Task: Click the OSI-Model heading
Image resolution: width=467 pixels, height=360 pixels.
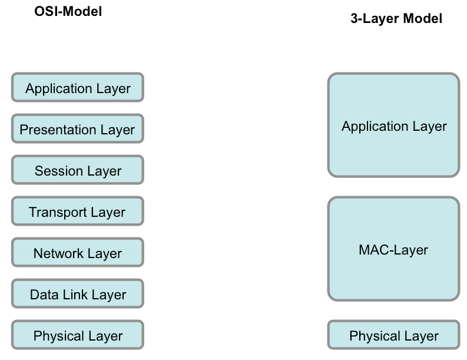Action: tap(68, 12)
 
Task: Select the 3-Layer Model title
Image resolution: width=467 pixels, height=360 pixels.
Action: tap(396, 18)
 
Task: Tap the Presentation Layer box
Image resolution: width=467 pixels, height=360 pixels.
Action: tap(78, 128)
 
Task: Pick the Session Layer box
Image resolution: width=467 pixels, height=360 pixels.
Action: tap(78, 170)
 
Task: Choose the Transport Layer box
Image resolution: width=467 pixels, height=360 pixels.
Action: tap(78, 211)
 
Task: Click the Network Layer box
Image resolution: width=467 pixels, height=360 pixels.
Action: tap(78, 252)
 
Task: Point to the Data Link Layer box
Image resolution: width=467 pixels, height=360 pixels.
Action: tap(78, 293)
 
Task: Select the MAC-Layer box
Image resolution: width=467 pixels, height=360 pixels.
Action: tap(394, 249)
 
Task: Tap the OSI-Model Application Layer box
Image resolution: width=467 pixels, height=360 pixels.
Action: tap(78, 87)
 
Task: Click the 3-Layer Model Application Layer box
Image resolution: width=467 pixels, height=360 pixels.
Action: tap(394, 125)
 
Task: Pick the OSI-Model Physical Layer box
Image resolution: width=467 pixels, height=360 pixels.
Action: tap(78, 335)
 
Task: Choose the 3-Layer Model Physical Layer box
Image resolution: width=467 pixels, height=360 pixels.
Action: tap(394, 335)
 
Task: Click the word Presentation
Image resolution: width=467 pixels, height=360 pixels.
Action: tap(58, 130)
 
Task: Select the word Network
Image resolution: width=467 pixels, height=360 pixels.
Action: tap(58, 253)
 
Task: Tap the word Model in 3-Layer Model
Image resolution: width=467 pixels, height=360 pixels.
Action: tap(422, 18)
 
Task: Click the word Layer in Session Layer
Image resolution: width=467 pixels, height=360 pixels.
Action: tap(104, 171)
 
